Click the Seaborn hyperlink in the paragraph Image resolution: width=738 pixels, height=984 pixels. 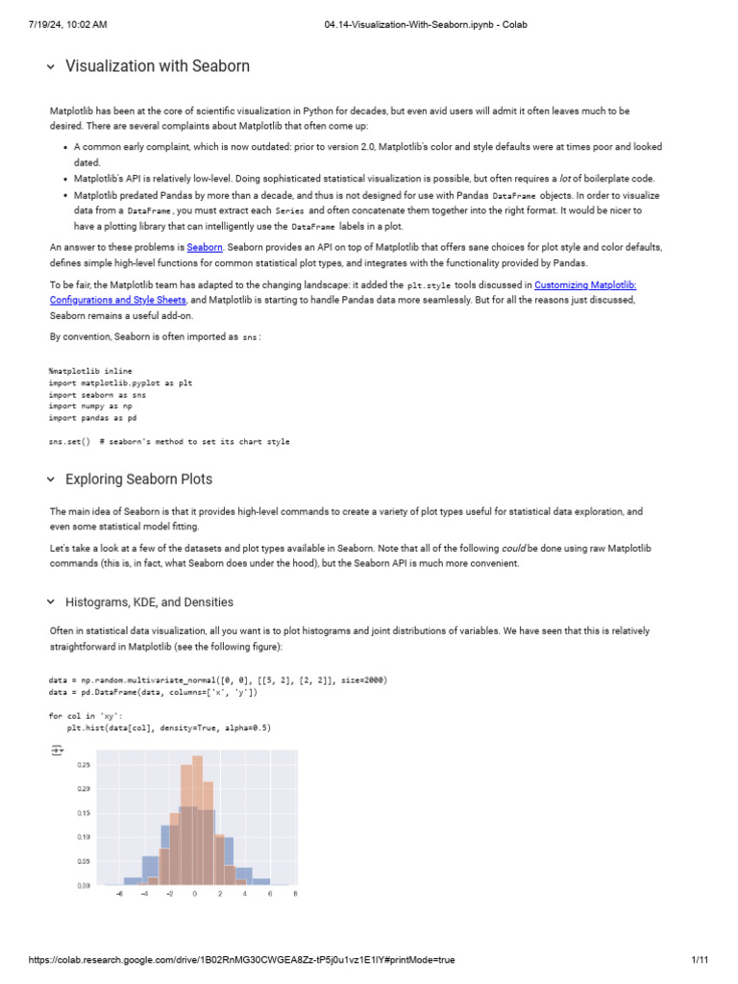click(205, 247)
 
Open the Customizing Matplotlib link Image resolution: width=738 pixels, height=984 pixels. click(585, 284)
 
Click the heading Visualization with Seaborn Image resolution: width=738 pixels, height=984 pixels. click(158, 66)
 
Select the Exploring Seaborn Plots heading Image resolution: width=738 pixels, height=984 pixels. click(139, 479)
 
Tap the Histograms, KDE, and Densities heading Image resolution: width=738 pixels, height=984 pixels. click(149, 602)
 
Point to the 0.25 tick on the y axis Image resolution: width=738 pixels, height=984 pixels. click(83, 765)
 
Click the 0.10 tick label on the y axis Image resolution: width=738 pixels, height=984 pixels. click(83, 837)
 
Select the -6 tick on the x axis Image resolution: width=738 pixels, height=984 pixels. click(119, 894)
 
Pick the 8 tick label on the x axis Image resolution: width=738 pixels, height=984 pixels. click(294, 894)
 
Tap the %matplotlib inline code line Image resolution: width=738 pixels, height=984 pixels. click(90, 370)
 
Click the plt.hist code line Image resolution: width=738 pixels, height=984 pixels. click(162, 727)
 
